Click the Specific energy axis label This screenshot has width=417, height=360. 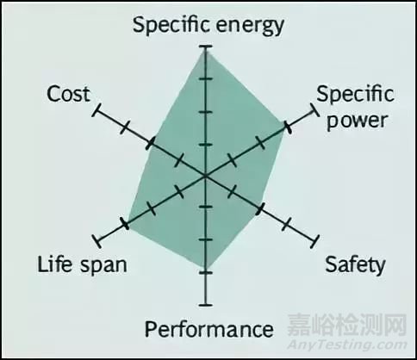coord(208,24)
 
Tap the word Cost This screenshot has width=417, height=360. coord(68,93)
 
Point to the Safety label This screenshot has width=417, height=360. coord(354,264)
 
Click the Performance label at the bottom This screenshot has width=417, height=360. coord(208,328)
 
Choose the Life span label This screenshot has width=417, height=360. coord(81,264)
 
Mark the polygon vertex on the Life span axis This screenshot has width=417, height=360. coord(126,222)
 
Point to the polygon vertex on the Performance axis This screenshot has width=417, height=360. coord(205,271)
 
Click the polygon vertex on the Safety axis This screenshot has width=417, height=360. coord(260,208)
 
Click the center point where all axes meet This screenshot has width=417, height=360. coord(205,176)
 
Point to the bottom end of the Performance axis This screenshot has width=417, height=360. coord(205,304)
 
